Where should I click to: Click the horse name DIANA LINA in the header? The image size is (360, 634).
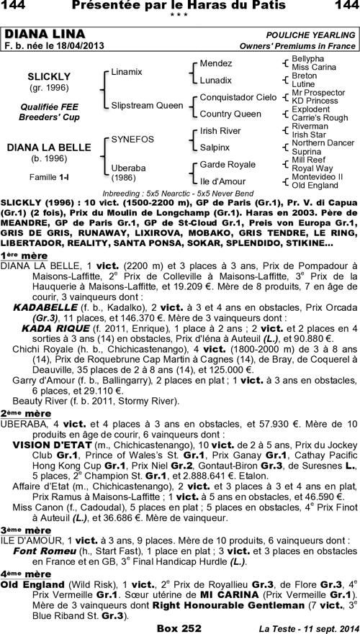45,35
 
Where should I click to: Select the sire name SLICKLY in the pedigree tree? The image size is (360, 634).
48,76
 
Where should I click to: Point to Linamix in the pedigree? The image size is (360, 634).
127,72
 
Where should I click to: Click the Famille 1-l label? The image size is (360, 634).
48,176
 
